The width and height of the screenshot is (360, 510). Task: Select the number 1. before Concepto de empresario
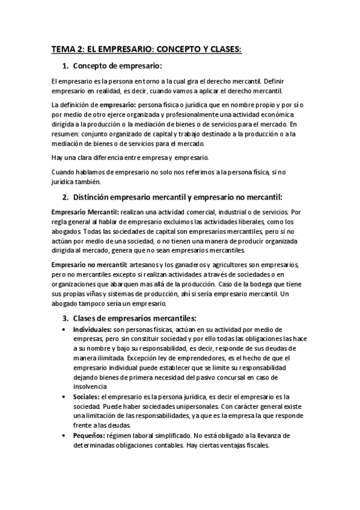coord(66,66)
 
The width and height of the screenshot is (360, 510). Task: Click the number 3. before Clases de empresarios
coord(66,318)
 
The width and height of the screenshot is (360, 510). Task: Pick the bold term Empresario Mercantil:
coord(85,212)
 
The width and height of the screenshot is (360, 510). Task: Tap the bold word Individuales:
coord(92,330)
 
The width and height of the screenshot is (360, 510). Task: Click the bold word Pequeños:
coord(89,435)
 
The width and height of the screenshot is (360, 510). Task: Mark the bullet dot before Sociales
coord(65,398)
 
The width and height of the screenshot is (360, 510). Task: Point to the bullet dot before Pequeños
coord(65,436)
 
